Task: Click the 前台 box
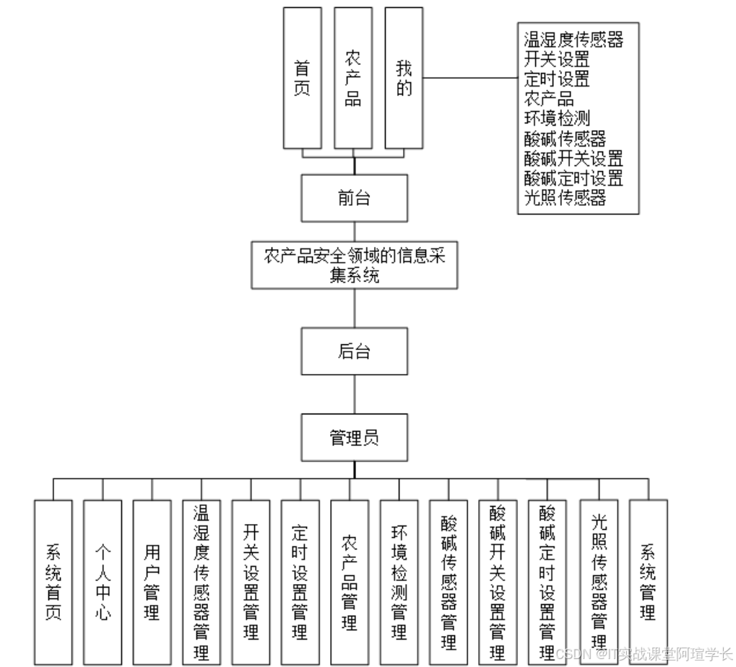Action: [x=355, y=198]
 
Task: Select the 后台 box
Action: [x=355, y=351]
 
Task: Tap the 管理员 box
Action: [x=355, y=437]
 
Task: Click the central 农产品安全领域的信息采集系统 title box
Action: [x=355, y=265]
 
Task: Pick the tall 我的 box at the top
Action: [x=404, y=78]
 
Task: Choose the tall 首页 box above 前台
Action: [x=303, y=78]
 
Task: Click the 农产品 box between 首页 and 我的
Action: [x=353, y=78]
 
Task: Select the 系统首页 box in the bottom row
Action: [x=53, y=582]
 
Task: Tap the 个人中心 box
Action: [x=103, y=582]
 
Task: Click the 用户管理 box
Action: [x=152, y=582]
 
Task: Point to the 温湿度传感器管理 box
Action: [x=202, y=582]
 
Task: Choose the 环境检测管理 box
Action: [x=399, y=582]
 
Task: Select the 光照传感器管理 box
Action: [x=599, y=582]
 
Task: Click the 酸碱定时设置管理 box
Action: [x=547, y=582]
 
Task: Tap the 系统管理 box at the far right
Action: [x=648, y=582]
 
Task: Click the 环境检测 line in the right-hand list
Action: [x=557, y=118]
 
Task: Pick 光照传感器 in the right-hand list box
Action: [x=565, y=198]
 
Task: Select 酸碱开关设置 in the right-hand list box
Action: [x=573, y=158]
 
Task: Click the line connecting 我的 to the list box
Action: [x=470, y=78]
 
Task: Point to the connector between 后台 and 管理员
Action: [x=355, y=394]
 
